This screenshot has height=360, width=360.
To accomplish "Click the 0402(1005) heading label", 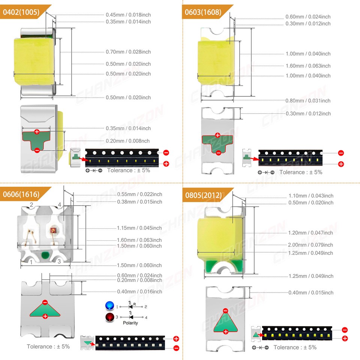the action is point(21,12).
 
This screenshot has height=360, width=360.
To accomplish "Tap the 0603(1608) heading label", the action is point(203,12).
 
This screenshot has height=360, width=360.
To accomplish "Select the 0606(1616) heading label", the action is point(21,194).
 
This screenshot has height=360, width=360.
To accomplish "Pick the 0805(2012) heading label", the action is point(203,195).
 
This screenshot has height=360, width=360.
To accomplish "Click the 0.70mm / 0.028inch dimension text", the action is point(128,52).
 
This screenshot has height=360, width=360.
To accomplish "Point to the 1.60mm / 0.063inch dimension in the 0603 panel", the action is point(308,66).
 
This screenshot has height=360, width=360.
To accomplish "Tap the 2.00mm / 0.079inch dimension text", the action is point(310,245).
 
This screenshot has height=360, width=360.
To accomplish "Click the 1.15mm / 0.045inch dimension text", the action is point(139,228).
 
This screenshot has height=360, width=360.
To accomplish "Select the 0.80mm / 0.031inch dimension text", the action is point(308,100).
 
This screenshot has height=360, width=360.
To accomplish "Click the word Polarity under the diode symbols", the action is point(130,323).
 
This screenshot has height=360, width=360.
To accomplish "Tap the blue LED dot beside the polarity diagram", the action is point(109,306).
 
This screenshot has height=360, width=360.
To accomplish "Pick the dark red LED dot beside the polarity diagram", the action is point(110,317).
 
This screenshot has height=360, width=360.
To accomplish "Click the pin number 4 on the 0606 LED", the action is point(60,205).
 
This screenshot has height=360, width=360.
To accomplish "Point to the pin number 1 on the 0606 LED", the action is point(31,262).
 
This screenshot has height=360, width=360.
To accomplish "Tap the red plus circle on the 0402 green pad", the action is point(37,132).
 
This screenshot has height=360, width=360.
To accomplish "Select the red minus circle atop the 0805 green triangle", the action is point(226,311).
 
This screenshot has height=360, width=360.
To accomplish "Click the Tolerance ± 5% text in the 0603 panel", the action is point(301,172).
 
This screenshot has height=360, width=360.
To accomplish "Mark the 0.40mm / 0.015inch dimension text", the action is point(311,292).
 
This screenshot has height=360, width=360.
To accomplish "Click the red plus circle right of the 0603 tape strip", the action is point(341,164).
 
